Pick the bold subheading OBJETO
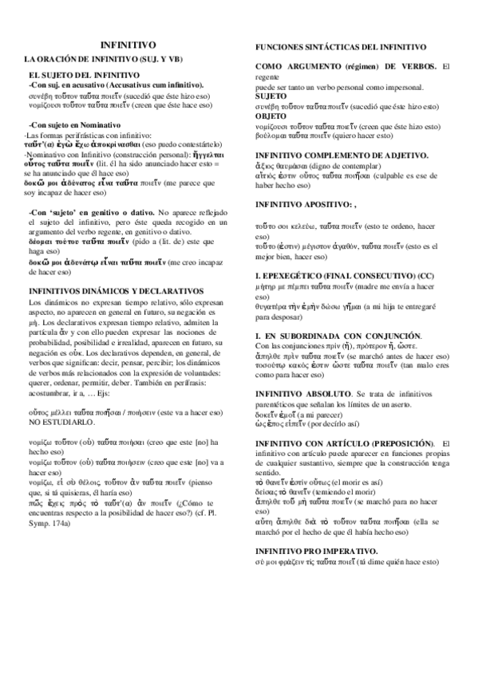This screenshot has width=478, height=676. [x=273, y=115]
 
